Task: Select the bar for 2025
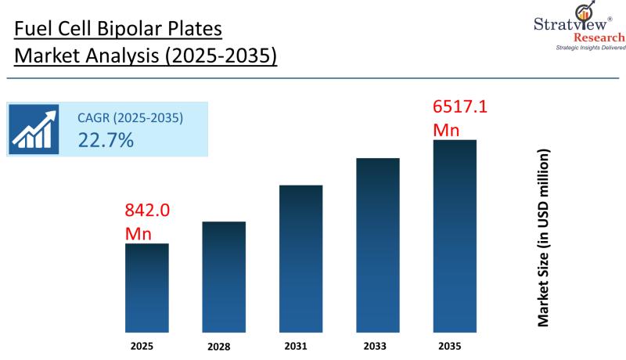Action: [147, 288]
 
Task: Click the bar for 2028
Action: [224, 277]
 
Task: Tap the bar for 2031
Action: [301, 258]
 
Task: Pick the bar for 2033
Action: [378, 245]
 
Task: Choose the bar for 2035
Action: [455, 236]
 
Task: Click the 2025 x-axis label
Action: [142, 346]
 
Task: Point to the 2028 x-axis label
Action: [219, 347]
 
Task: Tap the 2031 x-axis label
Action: [296, 346]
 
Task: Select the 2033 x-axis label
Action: [375, 346]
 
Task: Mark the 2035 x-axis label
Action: [449, 346]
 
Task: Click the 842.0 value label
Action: [147, 210]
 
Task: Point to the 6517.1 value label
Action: [460, 107]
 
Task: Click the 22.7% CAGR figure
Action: [106, 140]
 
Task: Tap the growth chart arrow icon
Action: [34, 129]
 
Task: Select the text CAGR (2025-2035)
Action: [130, 117]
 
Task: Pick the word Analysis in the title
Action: [122, 56]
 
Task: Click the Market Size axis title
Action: [543, 238]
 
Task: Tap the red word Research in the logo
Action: [599, 38]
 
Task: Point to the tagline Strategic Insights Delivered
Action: [591, 48]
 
